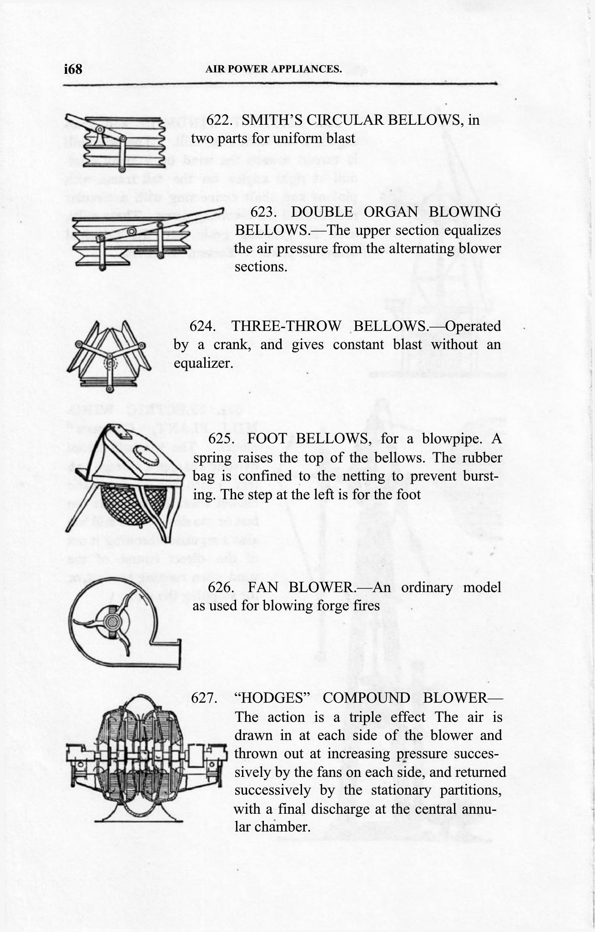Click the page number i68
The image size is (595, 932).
[x=73, y=69]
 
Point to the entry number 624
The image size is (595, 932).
[x=202, y=326]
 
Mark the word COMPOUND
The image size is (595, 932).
[x=366, y=698]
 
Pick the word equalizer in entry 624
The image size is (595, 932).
[x=202, y=363]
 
